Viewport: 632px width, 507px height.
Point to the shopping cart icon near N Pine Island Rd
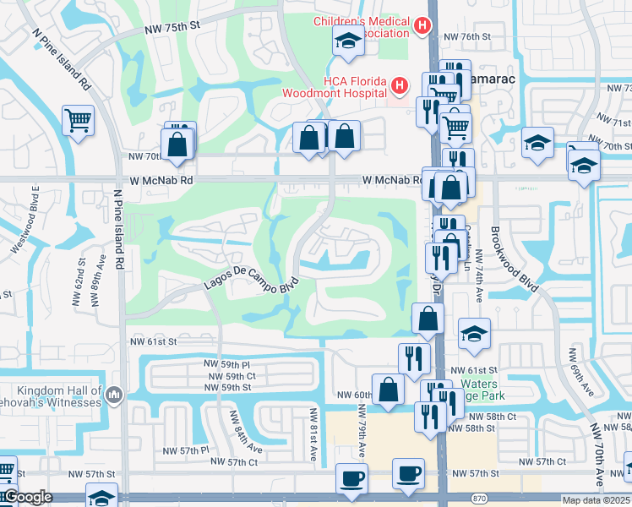[78, 120]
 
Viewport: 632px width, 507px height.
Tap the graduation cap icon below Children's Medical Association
[347, 43]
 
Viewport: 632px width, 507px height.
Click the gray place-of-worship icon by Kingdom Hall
[113, 394]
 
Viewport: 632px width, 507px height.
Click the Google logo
[27, 498]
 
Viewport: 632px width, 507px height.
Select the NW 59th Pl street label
[223, 363]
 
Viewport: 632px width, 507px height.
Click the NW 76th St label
[467, 36]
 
